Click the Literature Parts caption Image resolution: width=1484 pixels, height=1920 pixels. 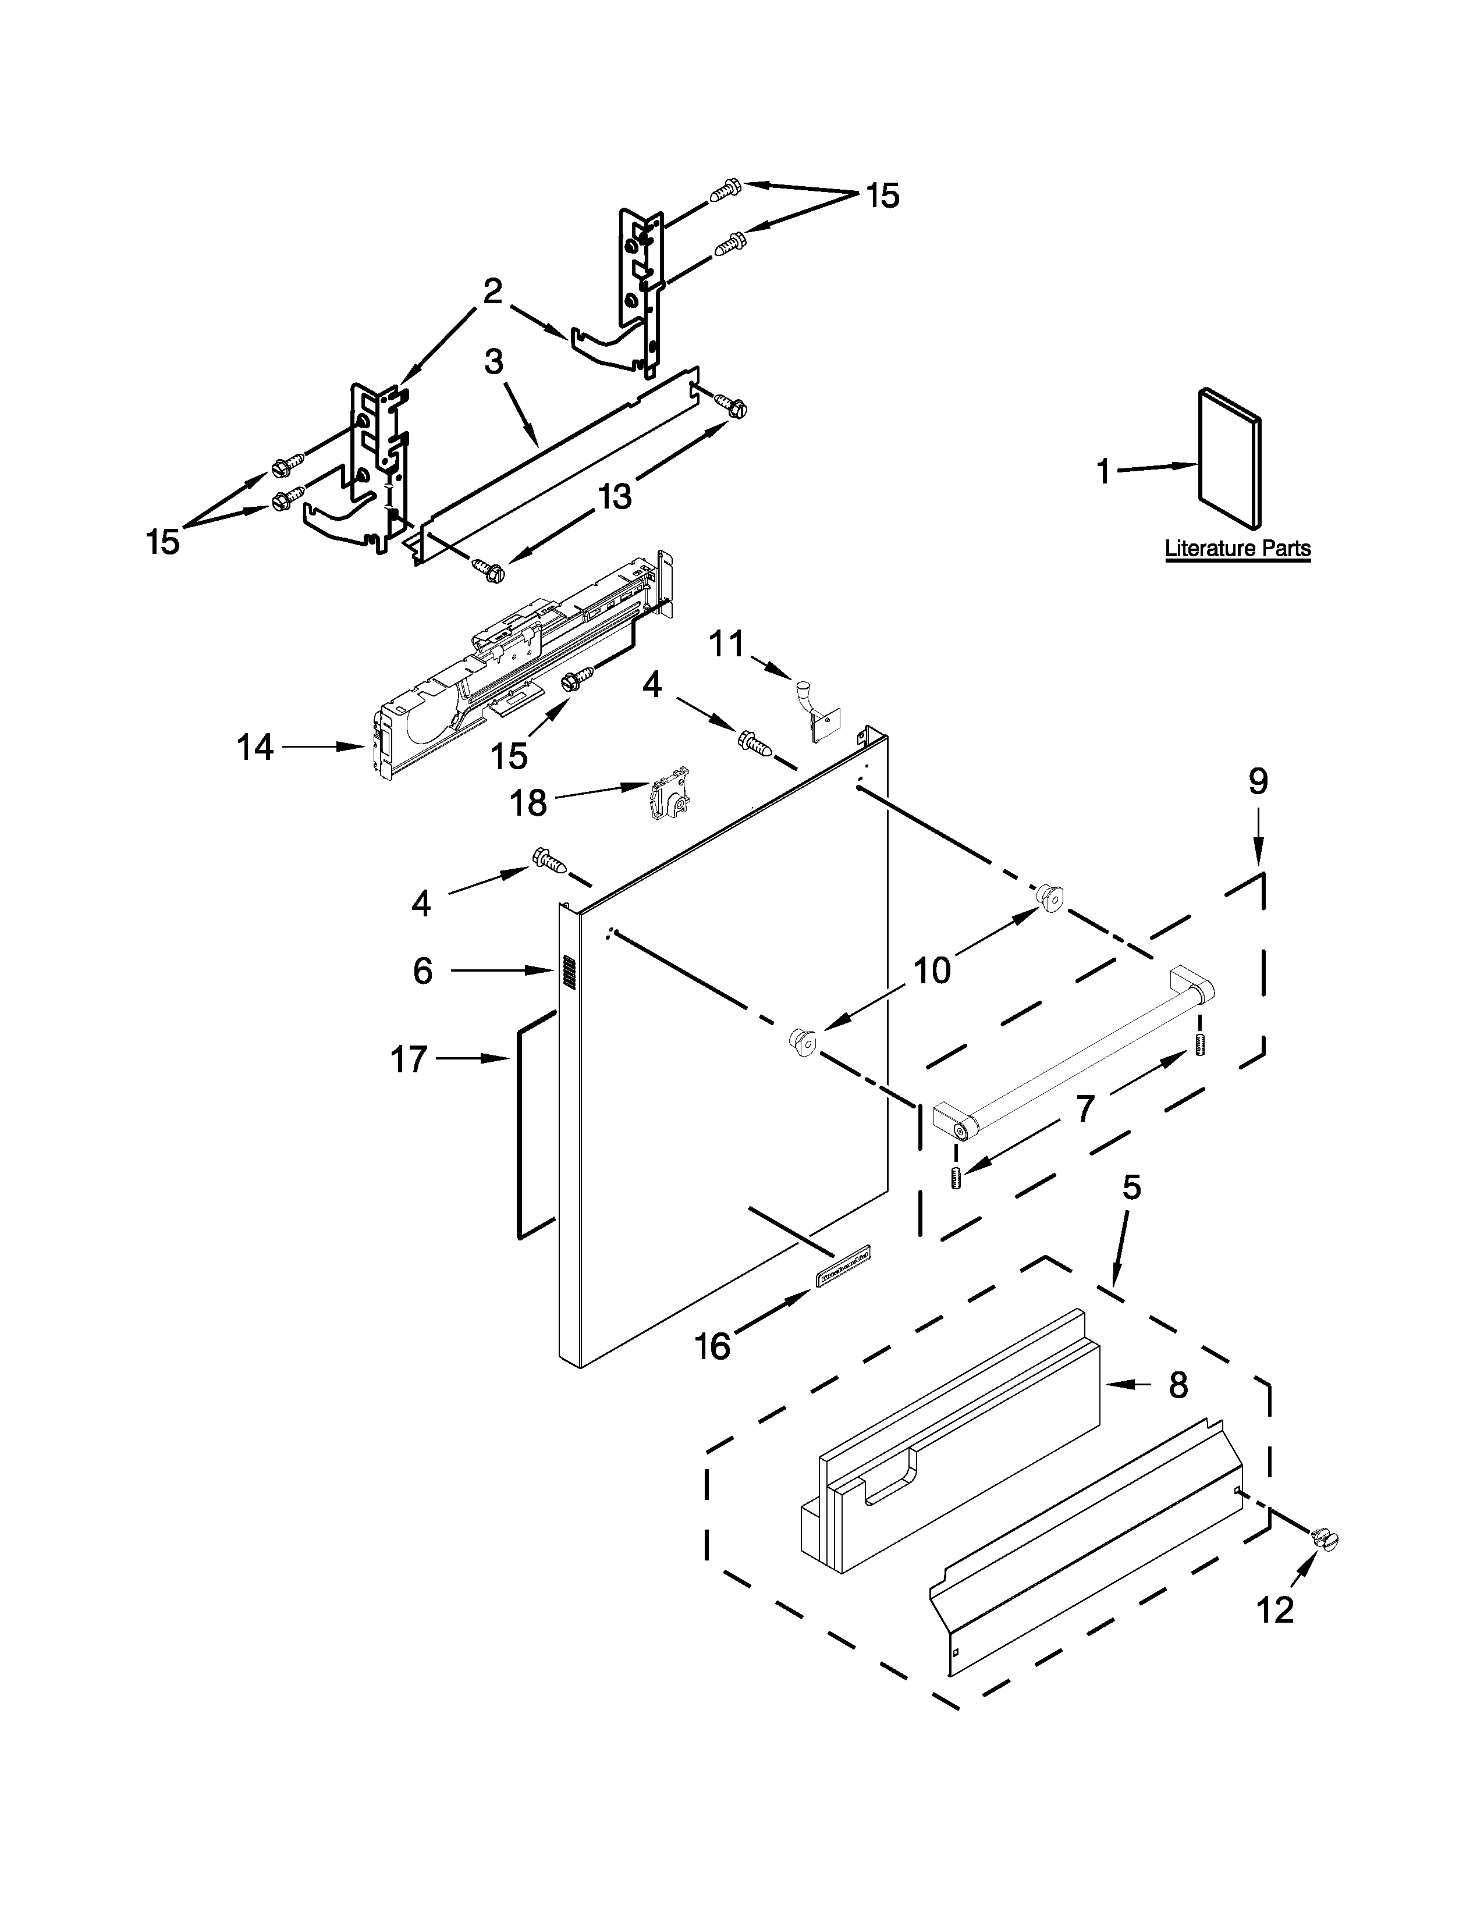[x=1237, y=549]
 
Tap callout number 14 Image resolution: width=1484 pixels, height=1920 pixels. [x=255, y=748]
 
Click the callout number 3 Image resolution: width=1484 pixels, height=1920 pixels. [x=493, y=361]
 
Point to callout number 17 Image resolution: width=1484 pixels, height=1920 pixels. [x=409, y=1060]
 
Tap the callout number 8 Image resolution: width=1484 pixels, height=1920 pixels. [x=1178, y=1385]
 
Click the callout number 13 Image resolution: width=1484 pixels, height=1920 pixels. [x=615, y=497]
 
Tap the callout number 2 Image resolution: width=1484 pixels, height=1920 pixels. [x=492, y=291]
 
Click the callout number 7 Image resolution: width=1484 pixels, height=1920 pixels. [x=1086, y=1110]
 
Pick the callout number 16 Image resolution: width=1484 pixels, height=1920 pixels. [x=712, y=1346]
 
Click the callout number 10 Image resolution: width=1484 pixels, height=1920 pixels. [x=932, y=970]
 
